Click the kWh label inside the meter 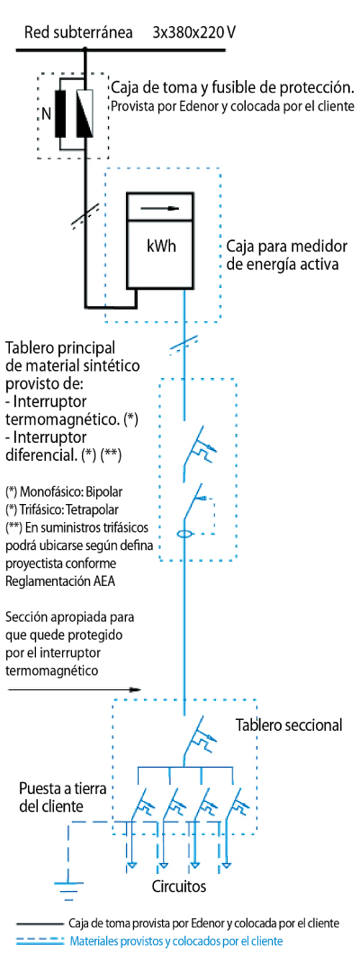[160, 247]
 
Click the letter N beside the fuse [46, 113]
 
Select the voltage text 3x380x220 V [193, 31]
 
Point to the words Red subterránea [78, 32]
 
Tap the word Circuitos [179, 886]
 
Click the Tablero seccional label [289, 725]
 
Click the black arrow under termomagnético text [73, 689]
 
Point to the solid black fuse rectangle [61, 113]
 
